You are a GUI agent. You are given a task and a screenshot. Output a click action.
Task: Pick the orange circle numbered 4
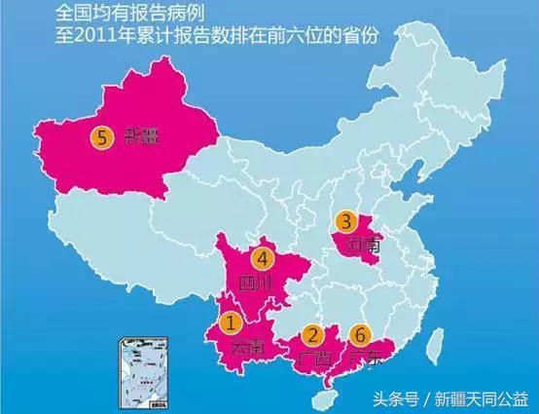pos(261,259)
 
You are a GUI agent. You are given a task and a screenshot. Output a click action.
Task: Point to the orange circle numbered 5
pos(99,137)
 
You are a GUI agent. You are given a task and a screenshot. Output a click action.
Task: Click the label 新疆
pos(133,138)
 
